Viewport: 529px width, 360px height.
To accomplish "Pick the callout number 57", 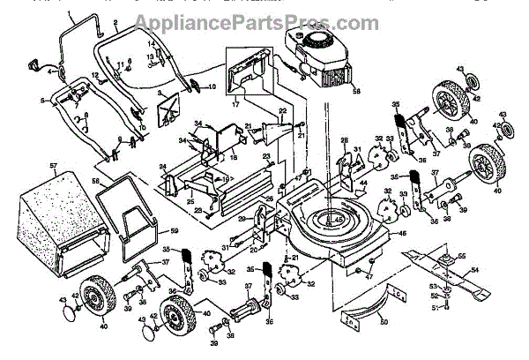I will pos(54,165).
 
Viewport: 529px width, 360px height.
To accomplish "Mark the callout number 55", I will pos(460,256).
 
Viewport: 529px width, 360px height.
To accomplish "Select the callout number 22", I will pos(283,111).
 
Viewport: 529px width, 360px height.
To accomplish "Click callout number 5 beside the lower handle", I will pos(41,101).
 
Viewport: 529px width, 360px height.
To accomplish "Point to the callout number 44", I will pos(363,184).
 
